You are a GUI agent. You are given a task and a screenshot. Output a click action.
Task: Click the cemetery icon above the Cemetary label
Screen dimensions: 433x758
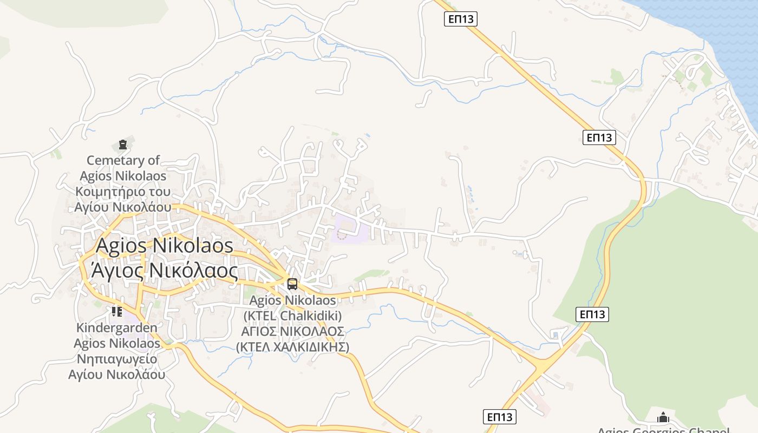click(x=123, y=145)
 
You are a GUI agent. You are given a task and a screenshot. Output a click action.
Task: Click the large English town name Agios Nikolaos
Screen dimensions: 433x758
click(x=165, y=246)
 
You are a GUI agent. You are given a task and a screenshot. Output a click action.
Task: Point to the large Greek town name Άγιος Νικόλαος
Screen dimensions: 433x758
click(x=165, y=270)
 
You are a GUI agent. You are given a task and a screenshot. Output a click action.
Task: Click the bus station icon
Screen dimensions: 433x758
click(x=292, y=284)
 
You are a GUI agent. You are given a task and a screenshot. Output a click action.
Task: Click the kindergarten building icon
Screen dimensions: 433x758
click(x=116, y=312)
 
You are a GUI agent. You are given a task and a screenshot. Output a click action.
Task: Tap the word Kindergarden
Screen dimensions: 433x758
click(x=117, y=327)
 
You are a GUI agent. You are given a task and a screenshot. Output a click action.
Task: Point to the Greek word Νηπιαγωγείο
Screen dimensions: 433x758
click(x=117, y=359)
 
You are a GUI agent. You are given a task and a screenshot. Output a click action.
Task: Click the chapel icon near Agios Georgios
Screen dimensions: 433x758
click(x=663, y=417)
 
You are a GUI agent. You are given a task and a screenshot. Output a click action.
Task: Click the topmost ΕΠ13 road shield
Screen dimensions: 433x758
click(x=461, y=19)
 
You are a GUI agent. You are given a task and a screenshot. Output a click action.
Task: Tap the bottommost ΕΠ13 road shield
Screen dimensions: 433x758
click(x=499, y=417)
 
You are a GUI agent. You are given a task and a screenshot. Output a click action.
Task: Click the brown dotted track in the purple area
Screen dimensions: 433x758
click(x=342, y=235)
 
